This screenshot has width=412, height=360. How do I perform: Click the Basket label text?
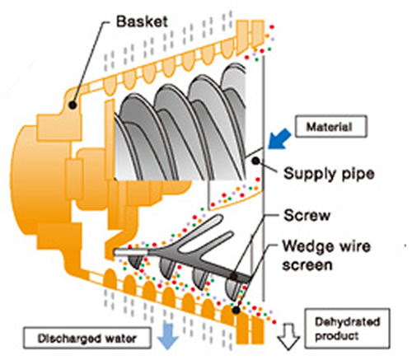click(142, 21)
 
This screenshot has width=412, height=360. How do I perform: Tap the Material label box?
click(331, 127)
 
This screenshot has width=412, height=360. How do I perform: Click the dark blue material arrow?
click(279, 139)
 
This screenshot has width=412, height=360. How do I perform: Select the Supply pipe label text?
click(329, 174)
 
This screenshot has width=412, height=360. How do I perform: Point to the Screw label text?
click(307, 215)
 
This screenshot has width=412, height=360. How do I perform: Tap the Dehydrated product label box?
click(348, 329)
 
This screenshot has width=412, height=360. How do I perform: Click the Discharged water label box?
click(87, 338)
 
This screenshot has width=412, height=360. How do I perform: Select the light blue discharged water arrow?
click(168, 336)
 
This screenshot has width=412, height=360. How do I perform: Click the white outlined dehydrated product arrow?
click(288, 337)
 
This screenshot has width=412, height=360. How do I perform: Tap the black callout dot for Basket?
click(73, 105)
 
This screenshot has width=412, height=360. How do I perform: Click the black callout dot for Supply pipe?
click(255, 161)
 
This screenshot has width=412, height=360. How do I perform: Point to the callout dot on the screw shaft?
click(234, 276)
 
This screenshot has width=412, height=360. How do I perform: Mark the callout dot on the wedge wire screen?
click(236, 310)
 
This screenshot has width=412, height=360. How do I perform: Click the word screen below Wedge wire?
click(307, 265)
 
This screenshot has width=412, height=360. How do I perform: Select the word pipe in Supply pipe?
click(358, 174)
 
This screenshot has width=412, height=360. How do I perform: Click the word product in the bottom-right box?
click(337, 336)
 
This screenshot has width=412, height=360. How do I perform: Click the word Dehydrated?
click(348, 321)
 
